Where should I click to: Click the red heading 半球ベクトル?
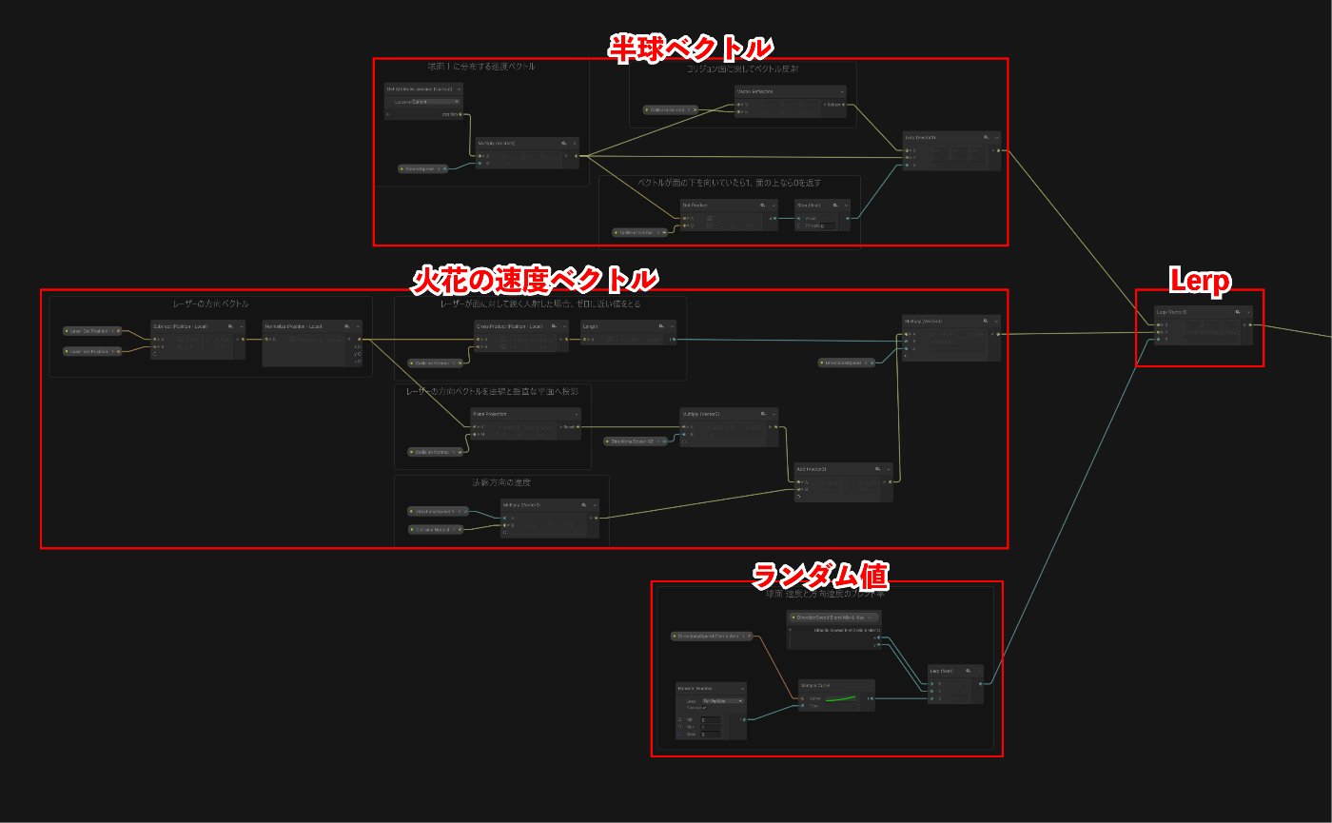[691, 46]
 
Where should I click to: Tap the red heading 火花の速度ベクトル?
[535, 279]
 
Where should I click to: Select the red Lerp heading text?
[1200, 280]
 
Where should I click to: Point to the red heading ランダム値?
[820, 575]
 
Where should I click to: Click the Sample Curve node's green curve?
[842, 699]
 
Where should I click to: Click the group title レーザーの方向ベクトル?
[211, 304]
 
